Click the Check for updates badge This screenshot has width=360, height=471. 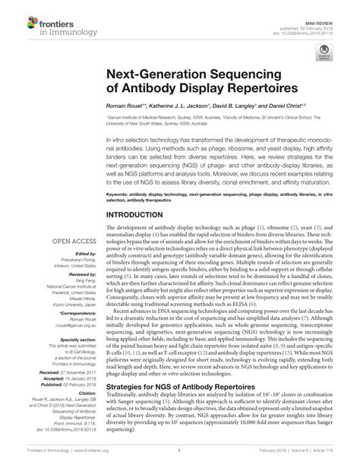click(325, 52)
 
